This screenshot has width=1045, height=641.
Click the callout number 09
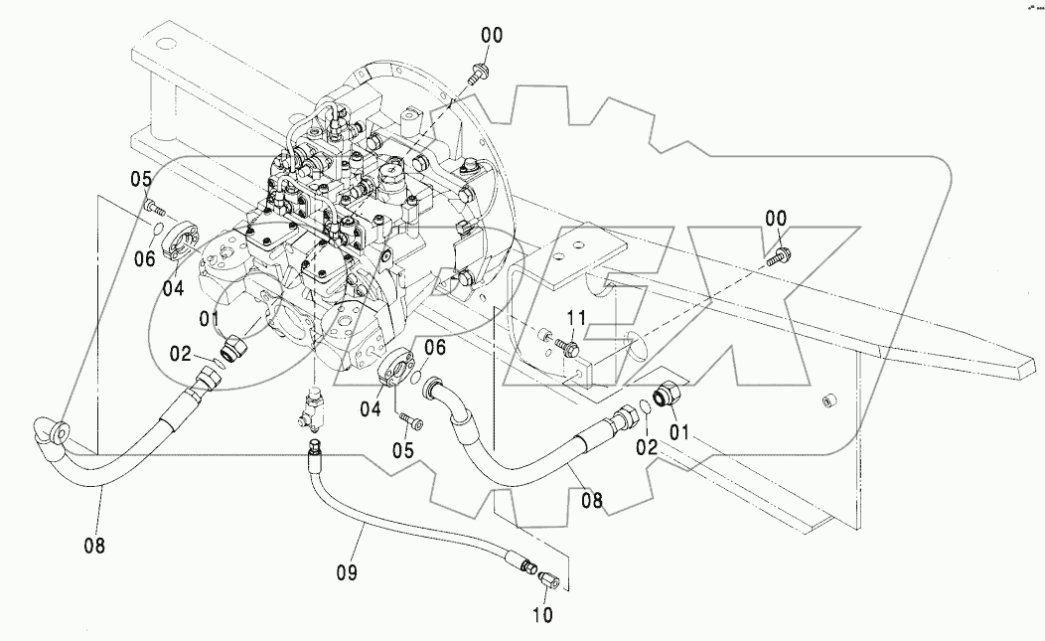pyautogui.click(x=347, y=572)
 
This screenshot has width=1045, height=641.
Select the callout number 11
pyautogui.click(x=577, y=319)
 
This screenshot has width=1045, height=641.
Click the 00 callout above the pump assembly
pyautogui.click(x=492, y=36)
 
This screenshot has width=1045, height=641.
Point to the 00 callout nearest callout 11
pyautogui.click(x=775, y=218)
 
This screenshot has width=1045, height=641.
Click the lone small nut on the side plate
pyautogui.click(x=824, y=401)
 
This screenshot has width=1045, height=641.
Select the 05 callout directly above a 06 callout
pyautogui.click(x=141, y=179)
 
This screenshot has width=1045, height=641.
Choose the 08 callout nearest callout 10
pyautogui.click(x=591, y=503)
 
